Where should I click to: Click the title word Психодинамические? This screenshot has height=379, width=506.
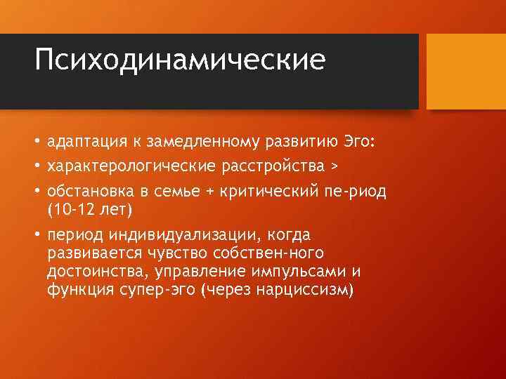pyautogui.click(x=181, y=60)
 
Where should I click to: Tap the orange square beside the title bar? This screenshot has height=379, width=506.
pyautogui.click(x=466, y=72)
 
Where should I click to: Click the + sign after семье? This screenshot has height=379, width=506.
pyautogui.click(x=215, y=192)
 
